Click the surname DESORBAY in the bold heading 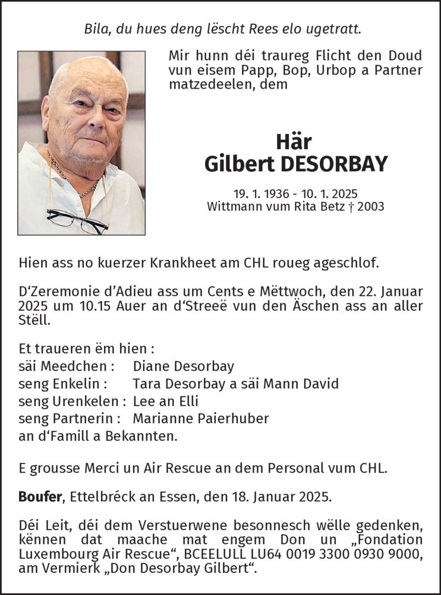tap(334, 164)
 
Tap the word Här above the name tap(295, 142)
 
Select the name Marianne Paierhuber tap(201, 418)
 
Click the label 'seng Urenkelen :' tap(73, 401)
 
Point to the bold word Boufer tap(40, 497)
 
